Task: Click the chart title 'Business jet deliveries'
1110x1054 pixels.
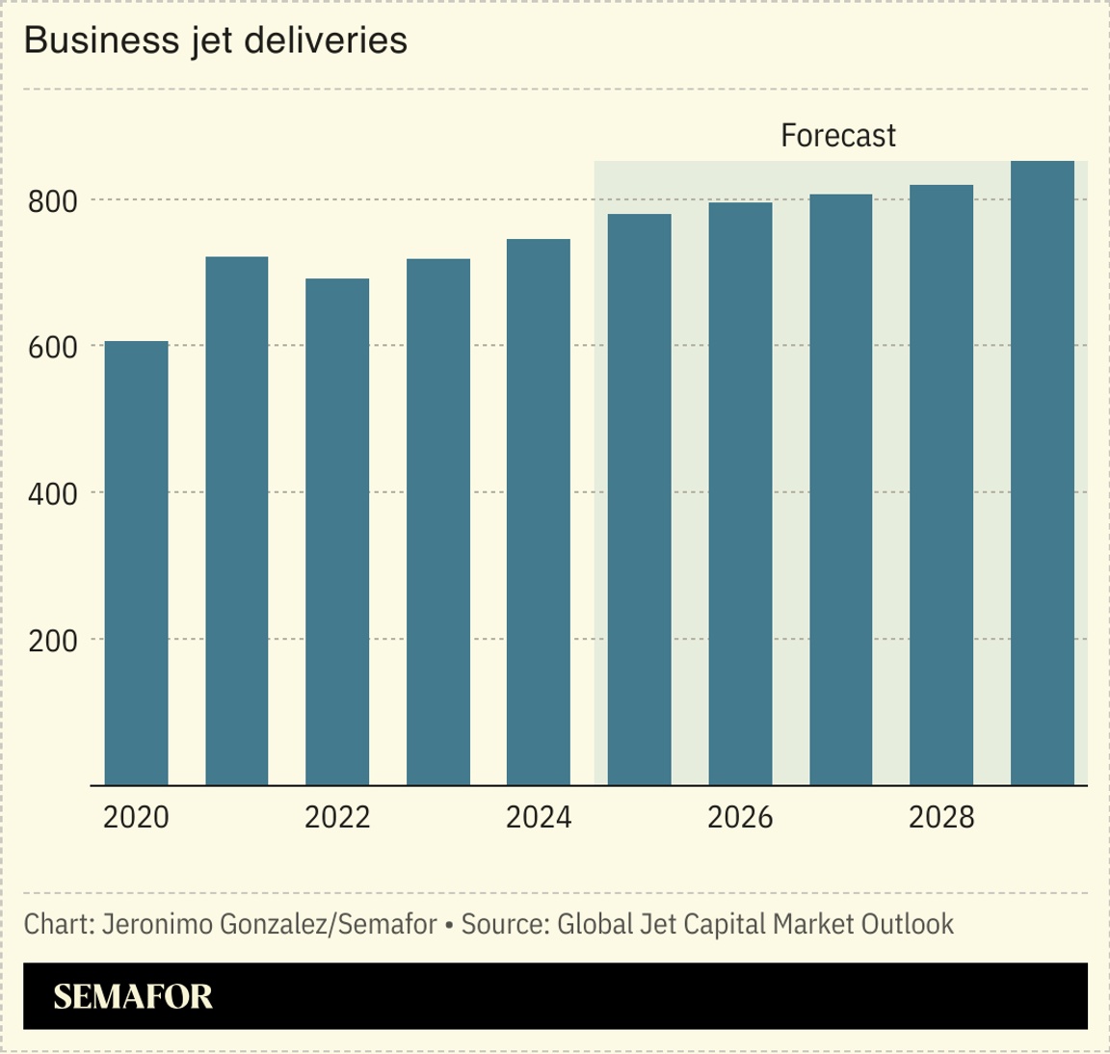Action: tap(215, 40)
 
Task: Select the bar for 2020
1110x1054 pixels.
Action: tap(136, 564)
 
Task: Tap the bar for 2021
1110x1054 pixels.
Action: tap(237, 521)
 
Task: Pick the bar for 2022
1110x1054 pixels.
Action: tap(337, 532)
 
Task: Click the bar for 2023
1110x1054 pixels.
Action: tap(438, 522)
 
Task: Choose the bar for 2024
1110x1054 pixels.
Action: tap(539, 513)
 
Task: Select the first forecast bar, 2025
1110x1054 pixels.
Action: tap(639, 500)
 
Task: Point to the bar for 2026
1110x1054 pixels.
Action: tap(740, 494)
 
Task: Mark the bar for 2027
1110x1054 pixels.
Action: tap(840, 490)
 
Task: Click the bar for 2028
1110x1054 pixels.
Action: tap(941, 486)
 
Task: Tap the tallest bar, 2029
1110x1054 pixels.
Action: tap(1042, 473)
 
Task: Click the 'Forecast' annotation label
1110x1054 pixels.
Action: tap(837, 136)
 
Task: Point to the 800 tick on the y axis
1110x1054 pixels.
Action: tap(53, 202)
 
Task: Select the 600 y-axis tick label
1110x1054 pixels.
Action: tap(53, 348)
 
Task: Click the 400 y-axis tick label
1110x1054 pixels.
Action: tap(53, 494)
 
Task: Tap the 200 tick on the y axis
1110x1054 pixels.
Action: tap(53, 641)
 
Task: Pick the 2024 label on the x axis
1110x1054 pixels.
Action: tap(539, 817)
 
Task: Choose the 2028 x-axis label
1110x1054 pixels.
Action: tap(941, 817)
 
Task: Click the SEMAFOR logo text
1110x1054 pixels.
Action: tap(133, 996)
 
